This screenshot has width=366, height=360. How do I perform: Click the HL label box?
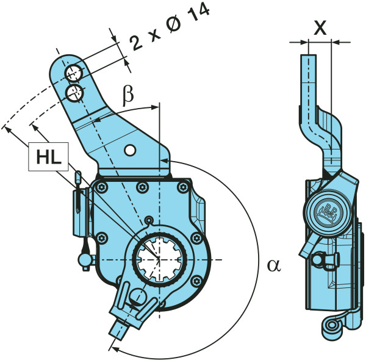48,157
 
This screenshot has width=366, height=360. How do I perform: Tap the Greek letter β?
128,96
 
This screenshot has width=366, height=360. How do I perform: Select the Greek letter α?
274,265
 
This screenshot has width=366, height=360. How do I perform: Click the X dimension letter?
320,27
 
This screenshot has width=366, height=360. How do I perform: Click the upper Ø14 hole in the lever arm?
74,73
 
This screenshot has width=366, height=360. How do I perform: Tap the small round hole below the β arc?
130,150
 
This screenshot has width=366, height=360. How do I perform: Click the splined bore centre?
159,259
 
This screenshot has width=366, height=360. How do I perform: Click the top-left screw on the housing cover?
101,187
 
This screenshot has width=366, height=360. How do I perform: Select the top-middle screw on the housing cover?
142,187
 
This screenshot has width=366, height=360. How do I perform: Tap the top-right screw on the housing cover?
183,187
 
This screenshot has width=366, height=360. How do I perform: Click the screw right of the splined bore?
196,239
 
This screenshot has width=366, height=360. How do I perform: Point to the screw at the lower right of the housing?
196,281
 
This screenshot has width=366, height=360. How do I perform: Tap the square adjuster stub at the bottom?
119,329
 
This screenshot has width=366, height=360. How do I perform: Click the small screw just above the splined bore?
149,220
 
